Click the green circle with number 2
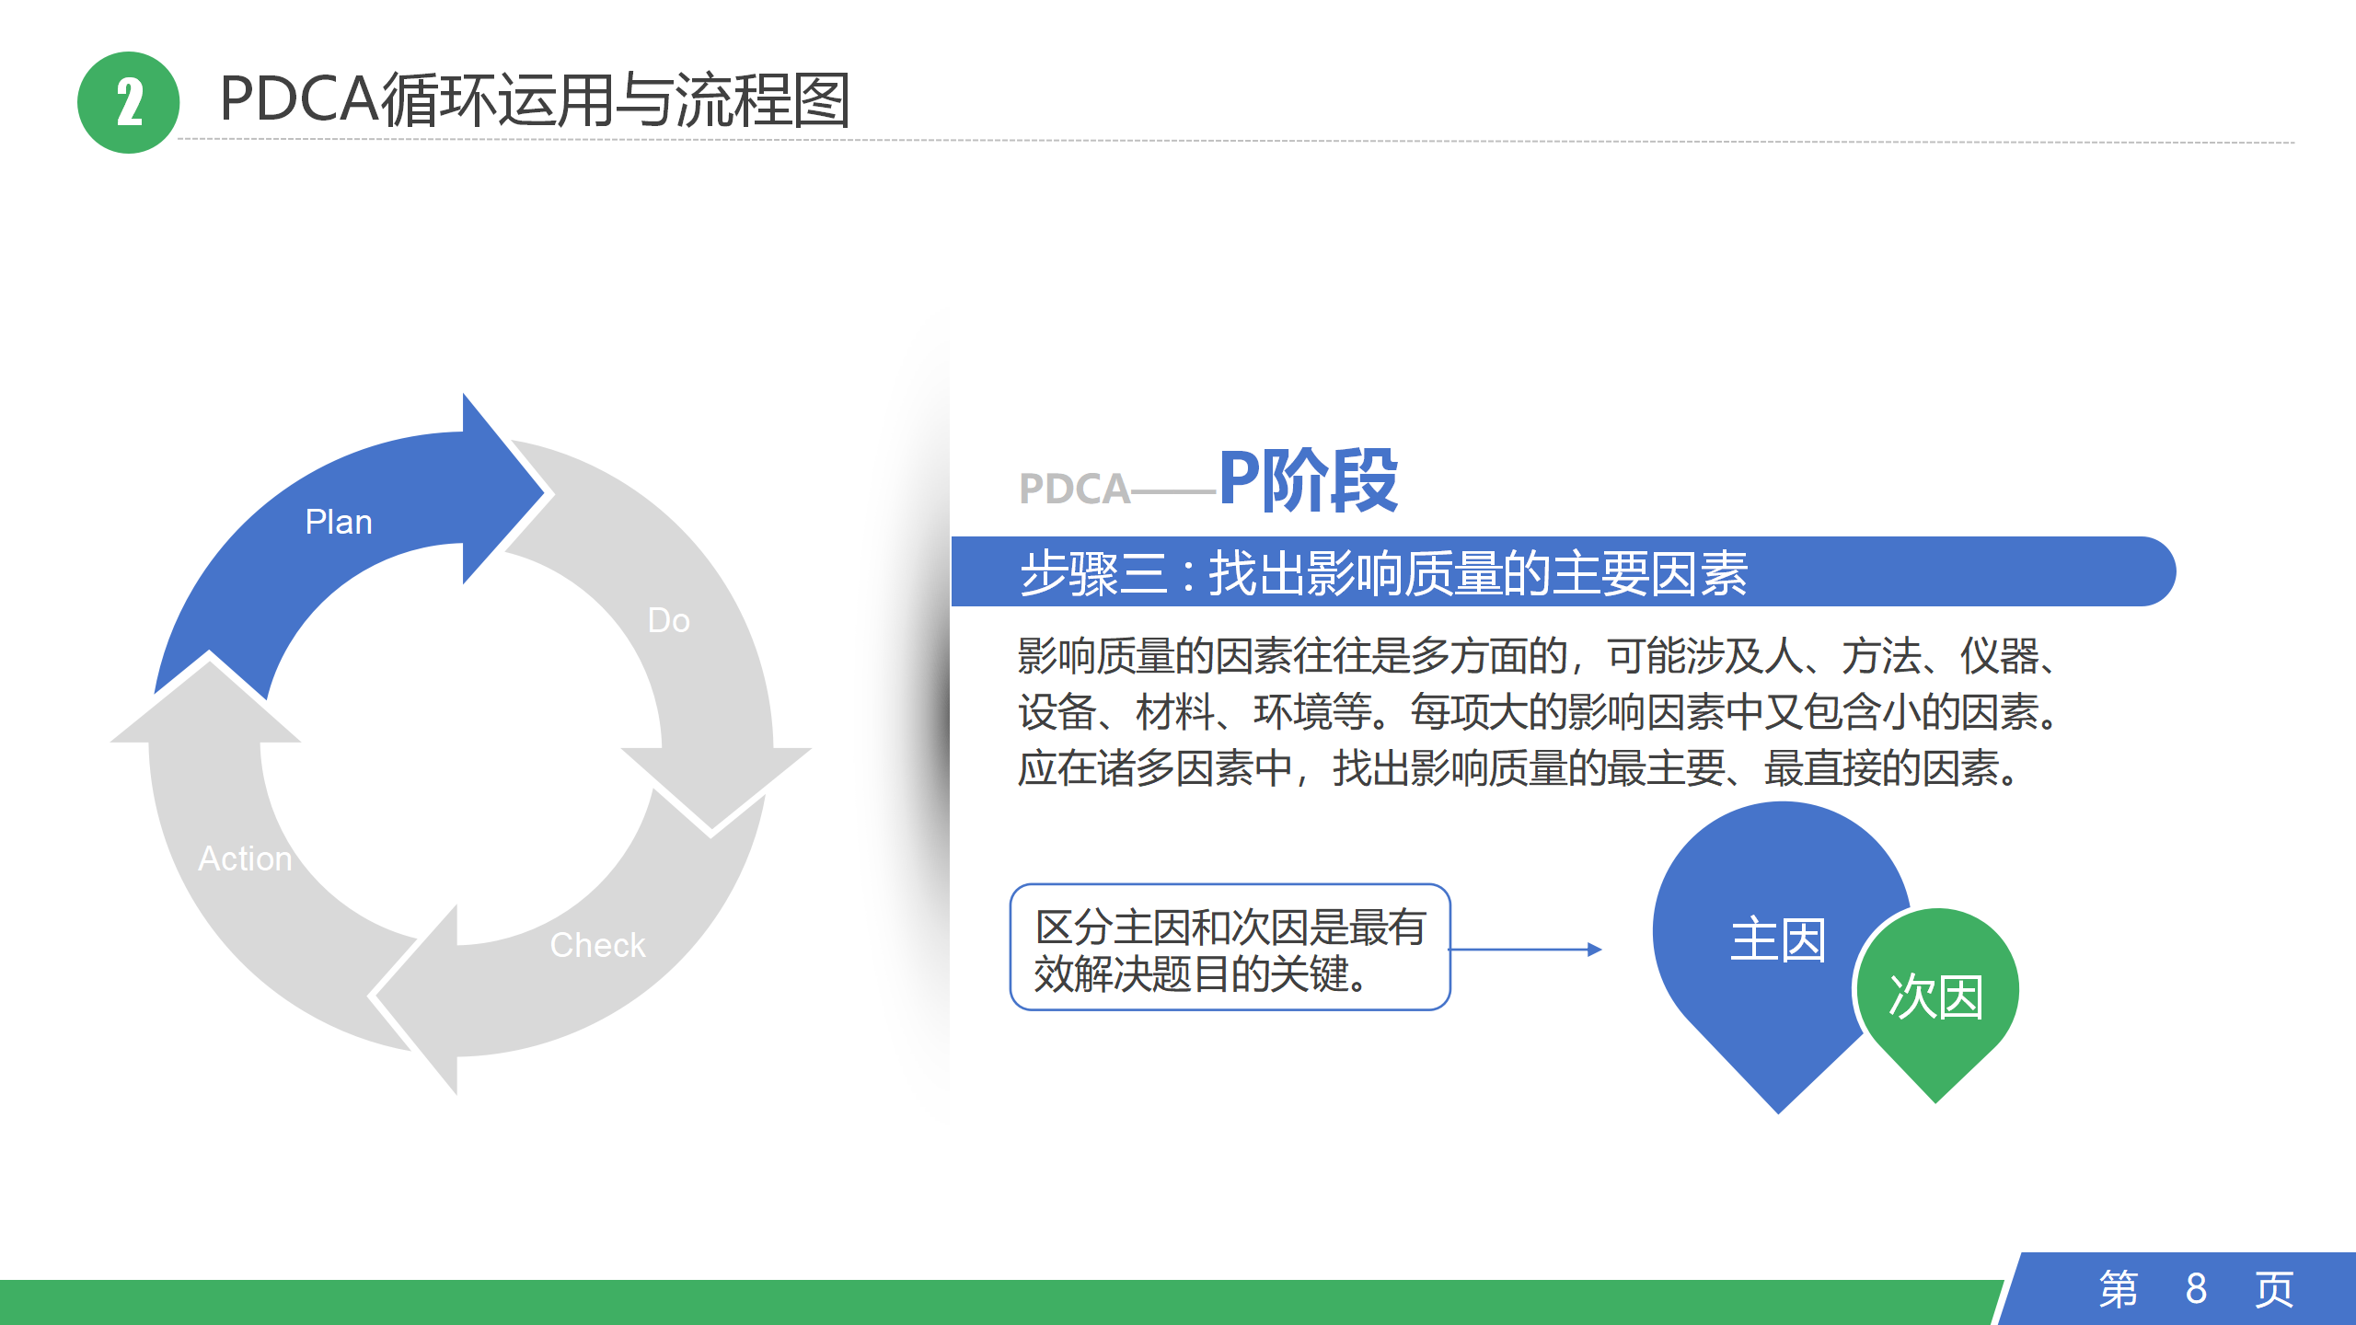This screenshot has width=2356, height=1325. [x=128, y=102]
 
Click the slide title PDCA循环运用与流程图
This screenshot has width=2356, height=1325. [x=535, y=99]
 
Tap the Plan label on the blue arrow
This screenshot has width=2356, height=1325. [x=339, y=522]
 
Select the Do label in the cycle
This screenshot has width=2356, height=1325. [x=669, y=620]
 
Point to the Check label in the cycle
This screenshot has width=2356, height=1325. [x=598, y=945]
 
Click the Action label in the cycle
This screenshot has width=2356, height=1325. [x=245, y=858]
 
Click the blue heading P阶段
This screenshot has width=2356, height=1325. [x=1309, y=479]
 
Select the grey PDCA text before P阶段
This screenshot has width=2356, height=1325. [x=1074, y=489]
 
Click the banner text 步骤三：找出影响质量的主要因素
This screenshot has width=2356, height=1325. [x=1384, y=572]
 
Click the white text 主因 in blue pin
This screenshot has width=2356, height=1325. [x=1778, y=939]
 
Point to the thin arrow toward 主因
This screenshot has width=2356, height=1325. [x=1526, y=950]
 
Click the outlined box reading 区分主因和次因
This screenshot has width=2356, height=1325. [x=1230, y=948]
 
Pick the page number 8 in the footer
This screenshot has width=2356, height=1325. [x=2196, y=1289]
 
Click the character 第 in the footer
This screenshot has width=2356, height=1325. [x=2119, y=1289]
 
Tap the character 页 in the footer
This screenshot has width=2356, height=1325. [x=2274, y=1289]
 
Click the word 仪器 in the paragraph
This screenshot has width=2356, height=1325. [x=2000, y=656]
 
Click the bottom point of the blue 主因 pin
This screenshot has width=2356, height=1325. [x=1779, y=1113]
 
